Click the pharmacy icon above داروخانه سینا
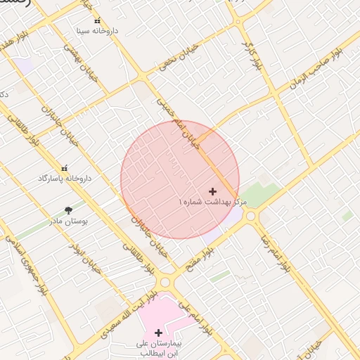click(98, 21)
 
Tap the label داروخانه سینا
click(98, 32)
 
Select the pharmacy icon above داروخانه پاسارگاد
click(65, 168)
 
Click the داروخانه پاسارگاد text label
click(65, 179)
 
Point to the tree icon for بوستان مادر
click(68, 210)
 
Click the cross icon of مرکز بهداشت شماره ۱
click(213, 191)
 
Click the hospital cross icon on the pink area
click(158, 333)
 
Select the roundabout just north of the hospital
click(167, 283)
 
